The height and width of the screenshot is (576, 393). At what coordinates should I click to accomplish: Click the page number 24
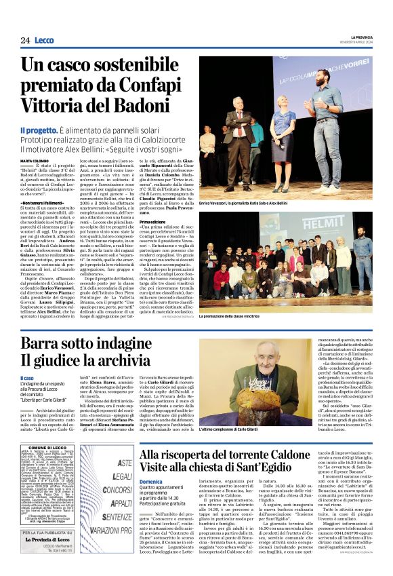24,41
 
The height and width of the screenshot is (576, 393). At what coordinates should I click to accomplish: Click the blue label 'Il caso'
45,378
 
